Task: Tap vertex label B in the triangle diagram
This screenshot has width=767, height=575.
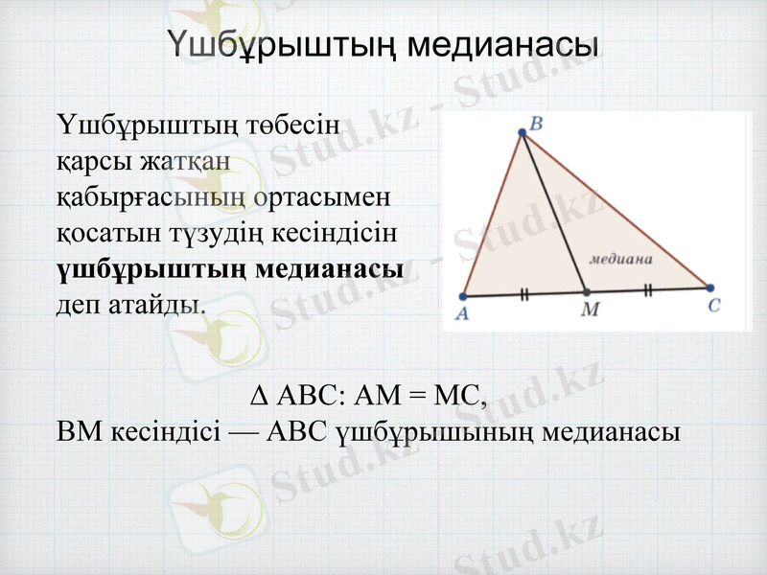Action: (x=536, y=123)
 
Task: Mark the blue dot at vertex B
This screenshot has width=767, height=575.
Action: (x=523, y=133)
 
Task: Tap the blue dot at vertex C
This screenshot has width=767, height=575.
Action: (x=710, y=287)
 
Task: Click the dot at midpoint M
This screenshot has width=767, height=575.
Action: (x=587, y=291)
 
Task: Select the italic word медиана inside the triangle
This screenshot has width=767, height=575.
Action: (x=620, y=259)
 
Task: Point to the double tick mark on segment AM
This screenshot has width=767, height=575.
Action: (x=524, y=294)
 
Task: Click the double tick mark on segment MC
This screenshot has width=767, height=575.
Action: (x=648, y=289)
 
